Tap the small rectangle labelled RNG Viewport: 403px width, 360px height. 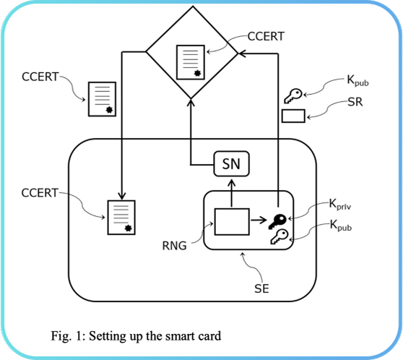click(x=231, y=220)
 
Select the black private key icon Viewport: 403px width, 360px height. click(x=277, y=220)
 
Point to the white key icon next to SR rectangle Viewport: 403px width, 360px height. click(x=293, y=95)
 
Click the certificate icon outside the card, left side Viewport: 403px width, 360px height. click(x=102, y=98)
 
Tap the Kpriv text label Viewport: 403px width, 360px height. click(x=342, y=205)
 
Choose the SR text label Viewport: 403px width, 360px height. click(x=354, y=103)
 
